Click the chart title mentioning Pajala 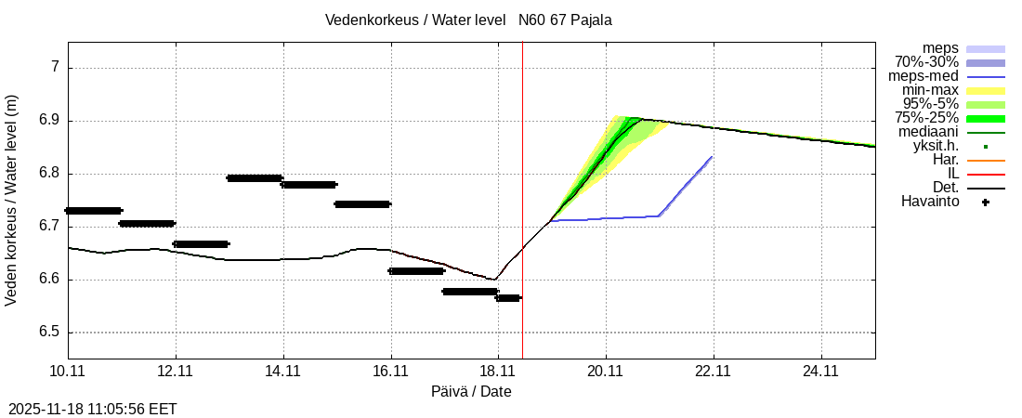pos(468,20)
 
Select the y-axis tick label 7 pos(55,67)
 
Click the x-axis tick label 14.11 pos(282,372)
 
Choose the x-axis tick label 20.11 pos(606,372)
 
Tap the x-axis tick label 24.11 pos(821,372)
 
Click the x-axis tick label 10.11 pos(68,372)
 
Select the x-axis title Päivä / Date pos(471,392)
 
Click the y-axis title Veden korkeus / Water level pos(12,200)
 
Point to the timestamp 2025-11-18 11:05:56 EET pos(92,409)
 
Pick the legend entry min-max pos(930,90)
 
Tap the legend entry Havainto pos(930,202)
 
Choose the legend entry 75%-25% pos(926,118)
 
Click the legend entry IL pos(953,174)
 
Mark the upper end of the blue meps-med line pos(712,157)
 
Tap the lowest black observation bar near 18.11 pos(508,298)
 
